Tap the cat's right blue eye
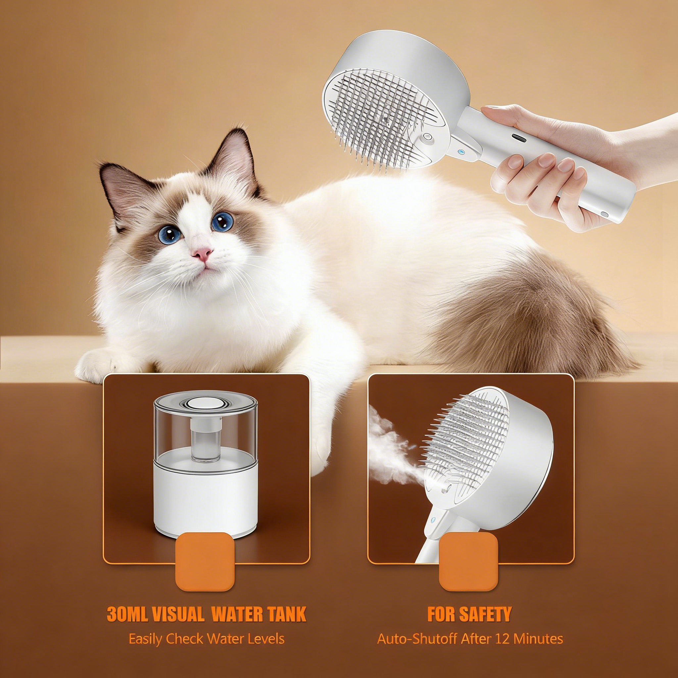click(x=222, y=221)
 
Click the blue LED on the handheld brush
click(x=461, y=152)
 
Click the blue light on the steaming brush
click(x=433, y=519)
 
